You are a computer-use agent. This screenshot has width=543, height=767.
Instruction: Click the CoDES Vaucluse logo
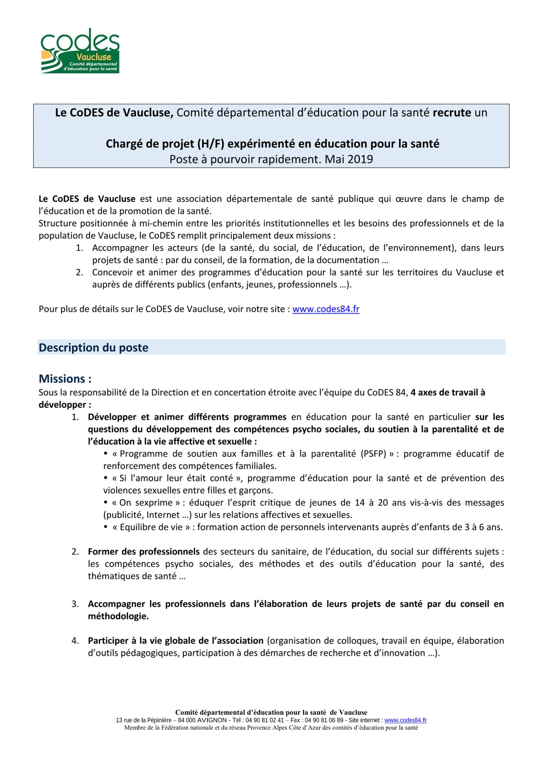click(80, 51)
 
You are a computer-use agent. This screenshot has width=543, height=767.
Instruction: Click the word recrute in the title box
click(452, 113)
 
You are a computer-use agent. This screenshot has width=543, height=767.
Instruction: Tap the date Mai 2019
click(349, 159)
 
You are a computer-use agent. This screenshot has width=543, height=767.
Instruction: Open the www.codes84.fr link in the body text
click(326, 309)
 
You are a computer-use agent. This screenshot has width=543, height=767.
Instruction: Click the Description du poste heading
click(94, 348)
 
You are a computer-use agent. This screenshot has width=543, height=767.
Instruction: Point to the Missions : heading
click(65, 379)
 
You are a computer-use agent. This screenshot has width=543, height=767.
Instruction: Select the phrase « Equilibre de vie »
click(151, 527)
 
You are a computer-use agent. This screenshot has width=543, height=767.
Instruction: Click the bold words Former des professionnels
click(144, 552)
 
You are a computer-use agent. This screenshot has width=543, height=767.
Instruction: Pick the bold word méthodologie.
click(118, 616)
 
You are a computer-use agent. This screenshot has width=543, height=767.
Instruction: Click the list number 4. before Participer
click(75, 641)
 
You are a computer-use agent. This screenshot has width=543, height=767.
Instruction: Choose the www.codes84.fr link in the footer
click(405, 721)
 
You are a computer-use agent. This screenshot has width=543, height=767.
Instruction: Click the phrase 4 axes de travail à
click(447, 393)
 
